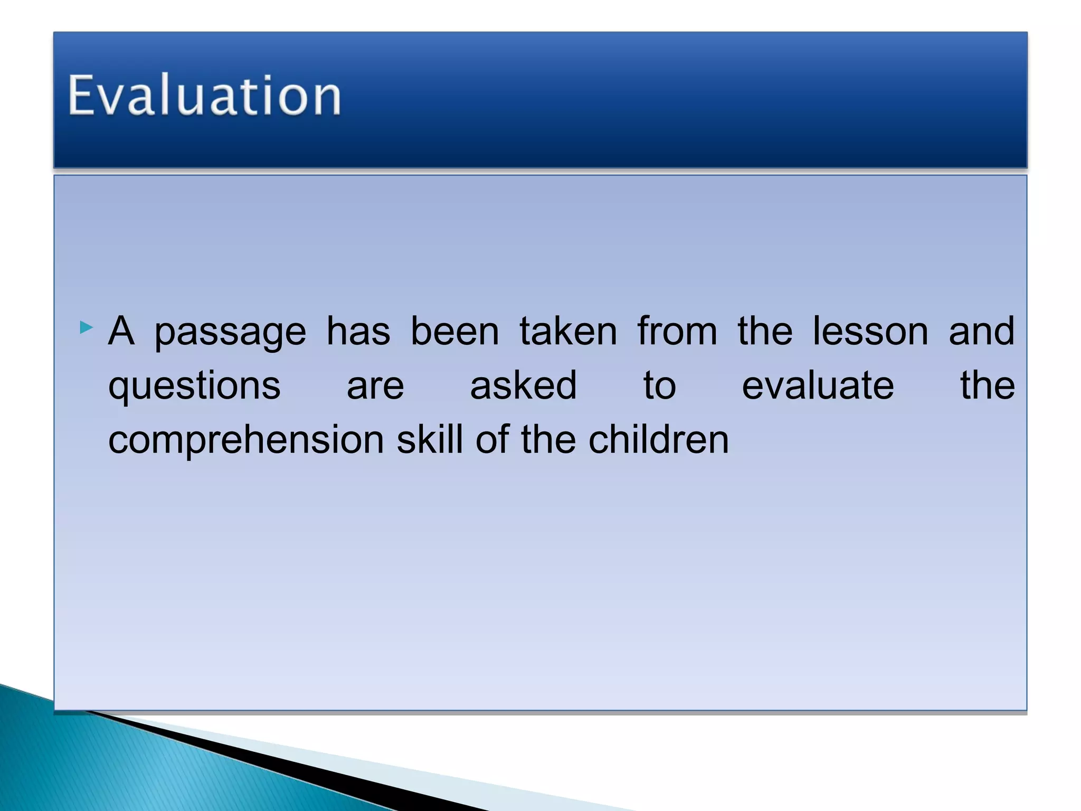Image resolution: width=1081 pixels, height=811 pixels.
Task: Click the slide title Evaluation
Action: pos(205,96)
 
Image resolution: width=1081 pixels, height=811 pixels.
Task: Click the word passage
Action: pos(230,333)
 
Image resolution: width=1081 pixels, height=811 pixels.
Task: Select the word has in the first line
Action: pos(358,332)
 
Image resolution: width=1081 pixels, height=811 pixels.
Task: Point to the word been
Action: pos(454,332)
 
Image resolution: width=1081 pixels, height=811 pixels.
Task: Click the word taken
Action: pos(568,332)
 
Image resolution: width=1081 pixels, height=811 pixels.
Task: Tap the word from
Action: pos(677,332)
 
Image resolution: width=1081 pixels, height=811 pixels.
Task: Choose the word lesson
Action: pos(870,332)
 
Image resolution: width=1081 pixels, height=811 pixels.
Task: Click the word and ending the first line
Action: pos(981,332)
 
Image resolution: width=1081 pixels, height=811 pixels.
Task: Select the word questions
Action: pos(194,387)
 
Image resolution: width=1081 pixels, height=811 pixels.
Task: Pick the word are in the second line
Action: pos(375,387)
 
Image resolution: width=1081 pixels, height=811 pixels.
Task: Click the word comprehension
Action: pos(246,441)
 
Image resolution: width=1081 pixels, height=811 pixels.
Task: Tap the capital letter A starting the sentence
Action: pos(121,332)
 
